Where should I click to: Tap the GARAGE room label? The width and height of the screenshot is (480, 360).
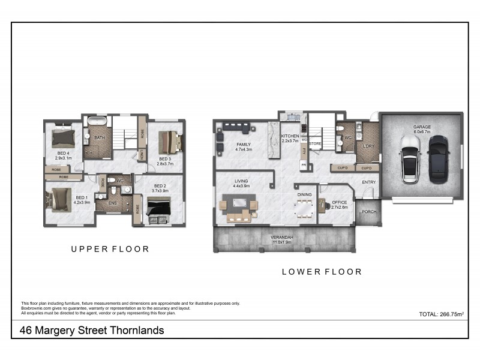tap(422, 128)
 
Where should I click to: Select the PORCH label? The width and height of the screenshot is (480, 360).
tap(368, 211)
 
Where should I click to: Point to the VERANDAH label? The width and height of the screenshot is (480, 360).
tap(281, 238)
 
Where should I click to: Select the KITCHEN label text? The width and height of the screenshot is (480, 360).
tap(290, 137)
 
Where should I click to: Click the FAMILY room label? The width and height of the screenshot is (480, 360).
tap(227, 145)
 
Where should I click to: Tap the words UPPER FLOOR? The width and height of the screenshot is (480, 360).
tap(110, 249)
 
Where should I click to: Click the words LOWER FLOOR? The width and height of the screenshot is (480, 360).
tap(322, 272)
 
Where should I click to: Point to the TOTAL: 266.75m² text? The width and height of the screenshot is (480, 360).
tap(441, 314)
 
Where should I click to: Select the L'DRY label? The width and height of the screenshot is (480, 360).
tap(365, 145)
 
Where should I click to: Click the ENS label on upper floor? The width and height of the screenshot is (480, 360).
tap(112, 203)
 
